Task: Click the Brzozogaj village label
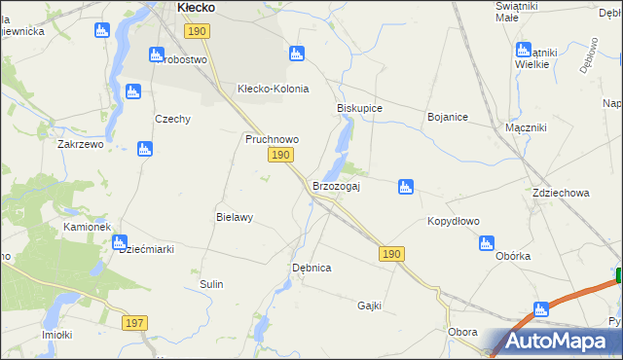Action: pos(336,186)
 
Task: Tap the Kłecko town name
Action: pos(196,7)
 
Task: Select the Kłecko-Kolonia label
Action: pos(274,89)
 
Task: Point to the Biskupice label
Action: pos(359,108)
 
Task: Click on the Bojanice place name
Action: pos(448,117)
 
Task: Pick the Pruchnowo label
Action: pos(271,139)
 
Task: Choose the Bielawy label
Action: pos(235,217)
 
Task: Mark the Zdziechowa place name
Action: pos(561,193)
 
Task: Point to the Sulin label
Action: pos(212,284)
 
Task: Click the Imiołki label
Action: pos(57,335)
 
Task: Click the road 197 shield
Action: pos(135,322)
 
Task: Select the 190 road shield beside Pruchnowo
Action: pos(280,156)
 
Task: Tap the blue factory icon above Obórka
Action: pos(487,243)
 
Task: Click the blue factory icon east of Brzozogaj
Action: pos(406,186)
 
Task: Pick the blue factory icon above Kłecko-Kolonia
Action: pos(297,53)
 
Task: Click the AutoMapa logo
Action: pos(555,342)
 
